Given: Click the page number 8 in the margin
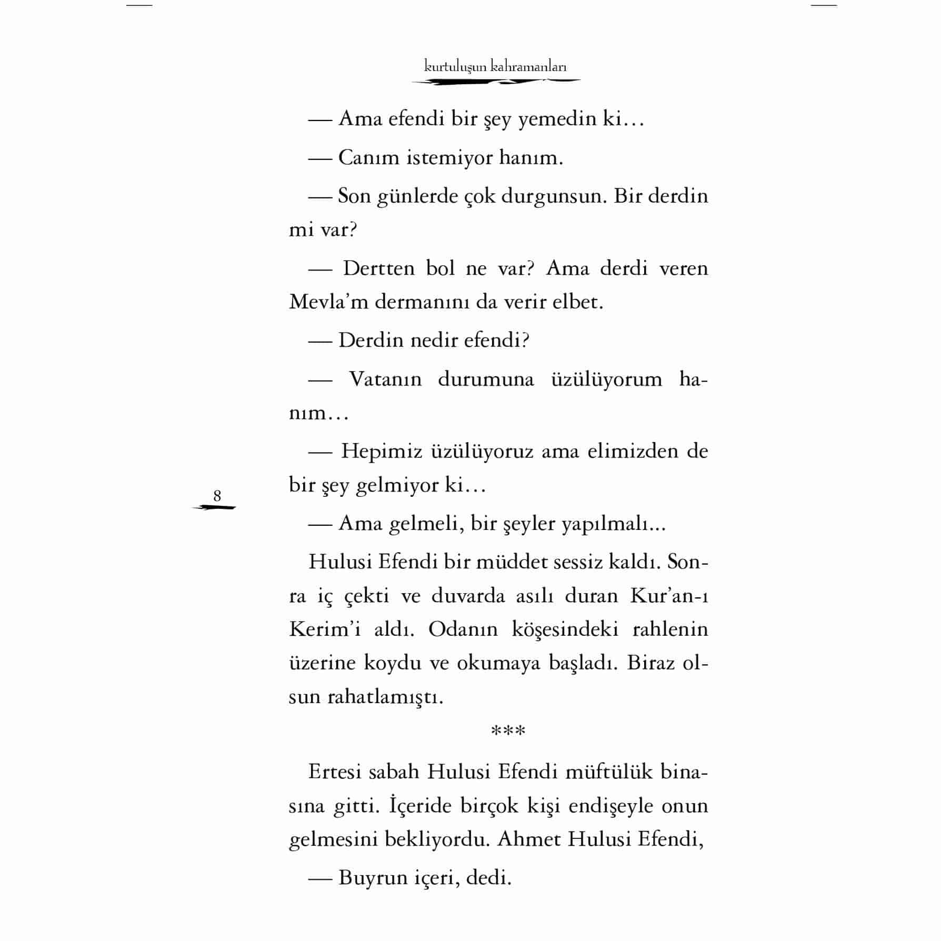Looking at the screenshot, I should point(217,496).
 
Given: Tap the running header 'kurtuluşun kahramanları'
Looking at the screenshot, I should point(495,67).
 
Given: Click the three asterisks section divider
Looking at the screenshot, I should point(508,732).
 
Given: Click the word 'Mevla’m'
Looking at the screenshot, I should point(328,302).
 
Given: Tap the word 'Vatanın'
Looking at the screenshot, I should point(385,379).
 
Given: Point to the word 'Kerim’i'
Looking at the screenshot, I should point(325,629).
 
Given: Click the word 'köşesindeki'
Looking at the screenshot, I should point(565,629).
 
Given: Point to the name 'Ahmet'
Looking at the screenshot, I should point(529,839).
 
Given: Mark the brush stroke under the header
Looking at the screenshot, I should point(495,82).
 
